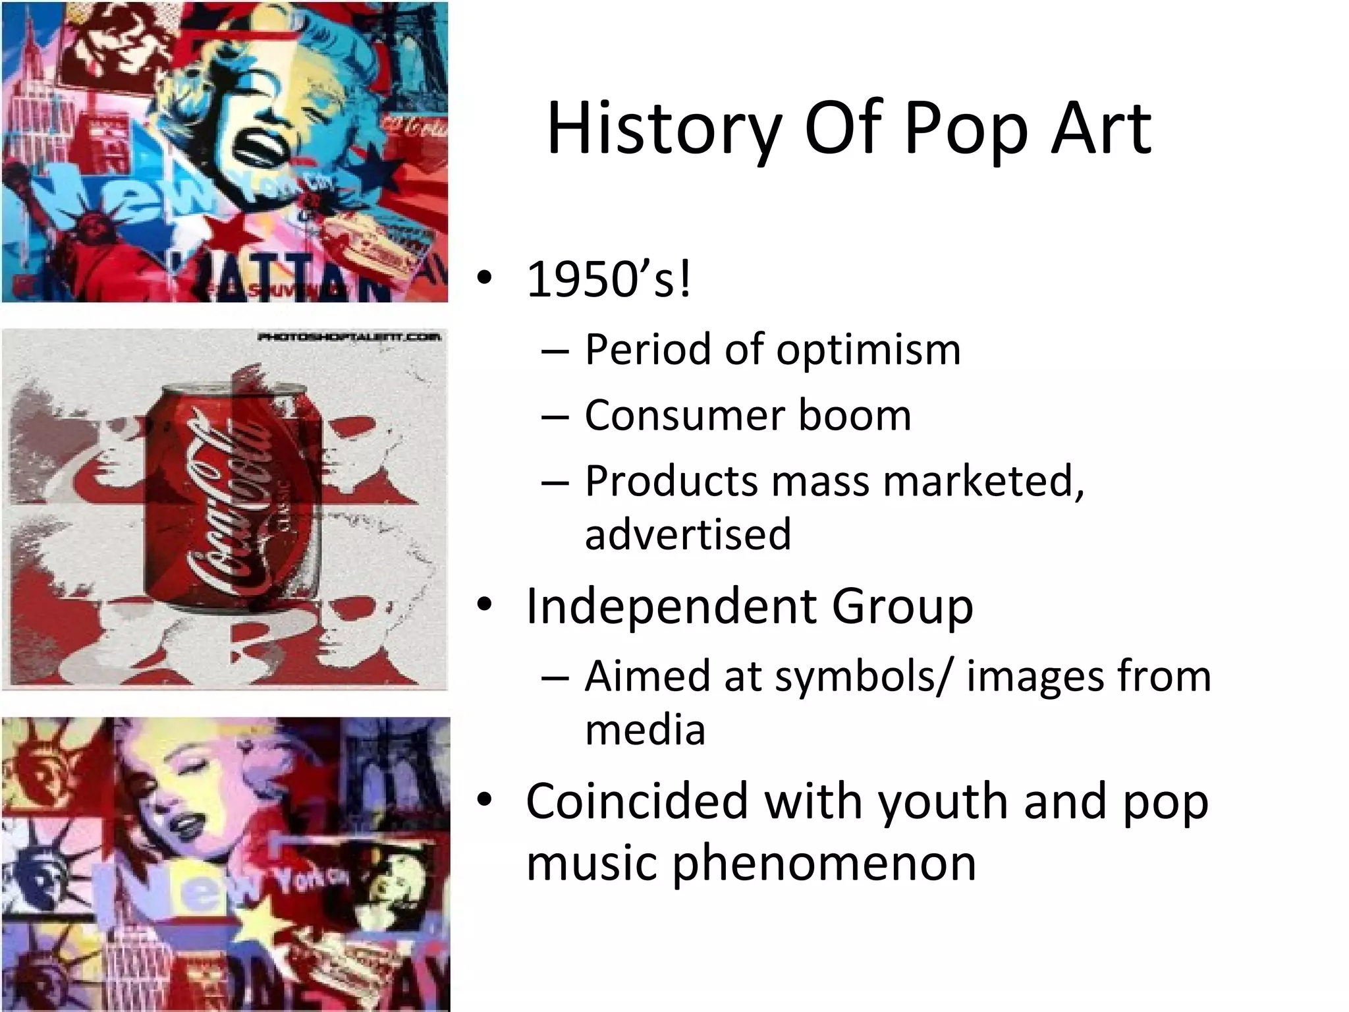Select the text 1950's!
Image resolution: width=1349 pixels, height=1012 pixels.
(x=609, y=279)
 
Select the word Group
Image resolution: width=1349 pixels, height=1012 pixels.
(x=902, y=606)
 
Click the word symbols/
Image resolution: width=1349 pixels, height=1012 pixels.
(x=863, y=677)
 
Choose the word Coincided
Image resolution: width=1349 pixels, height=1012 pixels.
(x=637, y=802)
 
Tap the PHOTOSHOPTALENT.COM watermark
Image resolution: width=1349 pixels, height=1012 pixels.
(x=348, y=337)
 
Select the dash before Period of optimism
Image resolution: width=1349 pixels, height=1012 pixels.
(x=554, y=351)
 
